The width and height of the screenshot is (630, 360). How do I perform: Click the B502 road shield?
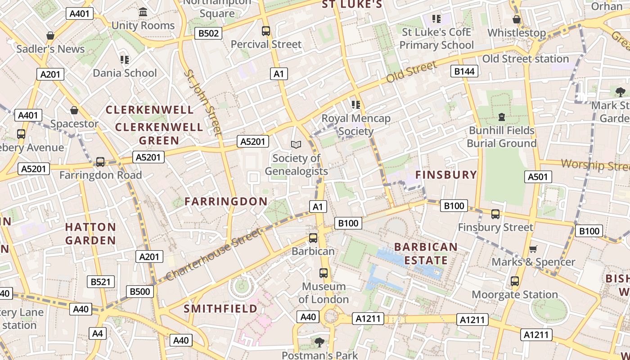(208, 33)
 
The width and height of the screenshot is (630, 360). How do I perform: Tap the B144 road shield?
(465, 71)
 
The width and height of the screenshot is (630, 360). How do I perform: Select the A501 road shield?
(538, 177)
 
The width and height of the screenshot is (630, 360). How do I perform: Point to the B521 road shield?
(100, 282)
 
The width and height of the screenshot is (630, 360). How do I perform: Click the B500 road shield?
(139, 292)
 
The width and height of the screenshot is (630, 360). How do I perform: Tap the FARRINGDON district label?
(226, 202)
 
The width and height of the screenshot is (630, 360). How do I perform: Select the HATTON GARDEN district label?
(90, 234)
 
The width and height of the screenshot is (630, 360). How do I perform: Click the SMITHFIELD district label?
(220, 309)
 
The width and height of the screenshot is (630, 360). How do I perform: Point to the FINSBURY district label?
(445, 175)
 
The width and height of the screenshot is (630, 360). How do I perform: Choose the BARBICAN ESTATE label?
(426, 254)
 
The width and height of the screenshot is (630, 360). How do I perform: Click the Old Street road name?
(412, 72)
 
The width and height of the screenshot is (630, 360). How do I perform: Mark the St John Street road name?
(203, 102)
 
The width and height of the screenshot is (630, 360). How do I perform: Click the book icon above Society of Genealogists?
(296, 144)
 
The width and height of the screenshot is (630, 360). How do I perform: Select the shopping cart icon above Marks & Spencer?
(533, 249)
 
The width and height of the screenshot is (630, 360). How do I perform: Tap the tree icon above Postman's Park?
(319, 342)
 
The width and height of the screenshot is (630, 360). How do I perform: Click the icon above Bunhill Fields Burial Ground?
(501, 117)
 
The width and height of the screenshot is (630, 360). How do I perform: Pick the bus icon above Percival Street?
(266, 31)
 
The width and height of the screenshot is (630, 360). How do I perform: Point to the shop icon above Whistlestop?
(517, 19)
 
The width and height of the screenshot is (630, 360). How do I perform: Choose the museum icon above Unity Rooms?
(143, 12)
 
